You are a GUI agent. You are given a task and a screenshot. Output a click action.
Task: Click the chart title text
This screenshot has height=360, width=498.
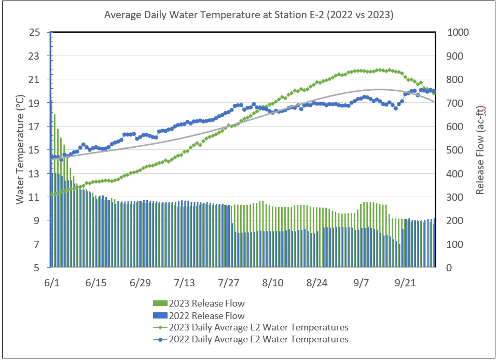click(x=248, y=15)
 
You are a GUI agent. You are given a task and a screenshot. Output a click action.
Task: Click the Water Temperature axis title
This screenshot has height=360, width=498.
click(x=20, y=149)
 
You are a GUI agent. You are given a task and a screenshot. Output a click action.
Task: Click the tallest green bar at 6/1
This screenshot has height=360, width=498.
click(x=51, y=182)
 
